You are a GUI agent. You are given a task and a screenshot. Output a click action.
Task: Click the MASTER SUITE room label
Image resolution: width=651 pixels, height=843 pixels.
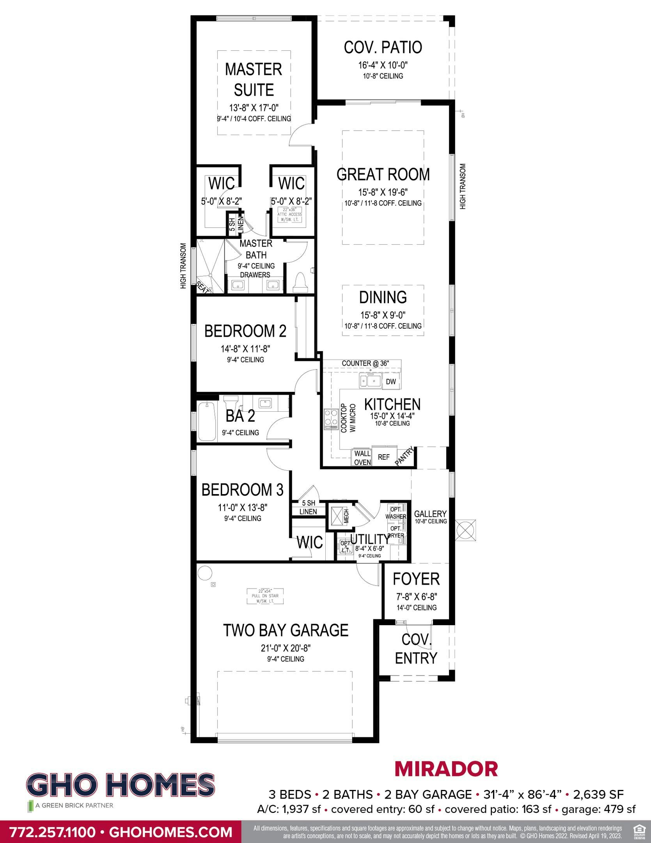coord(254,79)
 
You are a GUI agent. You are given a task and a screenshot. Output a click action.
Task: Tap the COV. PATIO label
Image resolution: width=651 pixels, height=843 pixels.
coord(383,47)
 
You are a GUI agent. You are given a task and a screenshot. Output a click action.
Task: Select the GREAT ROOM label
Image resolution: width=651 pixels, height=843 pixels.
coord(383,174)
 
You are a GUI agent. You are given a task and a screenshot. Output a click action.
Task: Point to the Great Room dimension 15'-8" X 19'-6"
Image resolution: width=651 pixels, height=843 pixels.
coord(383,192)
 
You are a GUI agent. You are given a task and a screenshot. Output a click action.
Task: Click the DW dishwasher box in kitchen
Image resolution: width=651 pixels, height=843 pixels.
coord(391,382)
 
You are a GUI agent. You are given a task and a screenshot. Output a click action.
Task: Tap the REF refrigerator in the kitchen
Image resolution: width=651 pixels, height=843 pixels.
coord(384,457)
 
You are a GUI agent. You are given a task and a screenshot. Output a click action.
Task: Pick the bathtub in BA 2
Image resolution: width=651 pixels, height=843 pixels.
coord(207,422)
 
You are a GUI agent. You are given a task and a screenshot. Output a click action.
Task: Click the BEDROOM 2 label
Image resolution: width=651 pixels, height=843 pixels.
coord(245,331)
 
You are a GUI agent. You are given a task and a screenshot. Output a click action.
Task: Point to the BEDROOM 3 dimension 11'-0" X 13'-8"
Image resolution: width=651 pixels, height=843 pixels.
coord(242,508)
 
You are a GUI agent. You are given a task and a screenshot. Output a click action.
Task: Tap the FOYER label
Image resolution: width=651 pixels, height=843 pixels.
coord(416,579)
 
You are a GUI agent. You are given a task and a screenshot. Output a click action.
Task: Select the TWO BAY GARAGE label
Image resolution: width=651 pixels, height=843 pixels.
coord(286,630)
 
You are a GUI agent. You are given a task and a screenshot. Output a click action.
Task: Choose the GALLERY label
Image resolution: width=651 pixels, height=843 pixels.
coord(430,514)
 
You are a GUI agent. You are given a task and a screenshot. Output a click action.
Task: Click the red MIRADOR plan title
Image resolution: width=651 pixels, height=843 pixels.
coord(446,769)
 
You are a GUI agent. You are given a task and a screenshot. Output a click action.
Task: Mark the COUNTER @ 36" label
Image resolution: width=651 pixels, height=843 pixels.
coord(365,363)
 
